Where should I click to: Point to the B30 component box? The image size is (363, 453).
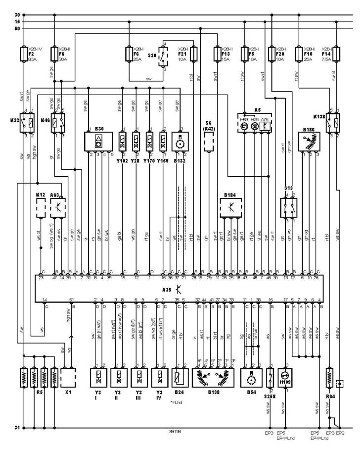coord(99,142)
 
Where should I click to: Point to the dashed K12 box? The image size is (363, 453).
coord(41,208)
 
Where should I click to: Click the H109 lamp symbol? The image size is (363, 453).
coord(284,377)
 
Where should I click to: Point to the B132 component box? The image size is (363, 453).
coord(179,142)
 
